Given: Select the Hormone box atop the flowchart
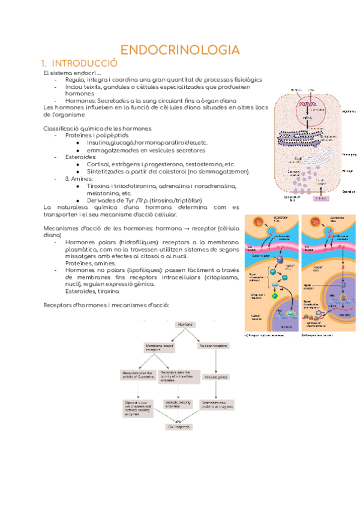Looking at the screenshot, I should coord(184,324).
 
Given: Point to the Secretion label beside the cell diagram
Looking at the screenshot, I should coord(349,192).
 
